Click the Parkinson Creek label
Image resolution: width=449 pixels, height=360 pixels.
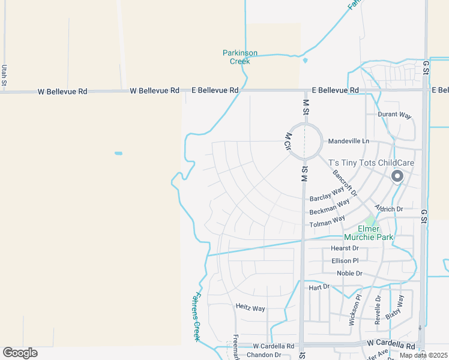pos(240,57)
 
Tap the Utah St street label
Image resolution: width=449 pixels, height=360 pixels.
pos(4,75)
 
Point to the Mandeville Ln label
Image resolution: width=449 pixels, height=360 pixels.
pos(349,141)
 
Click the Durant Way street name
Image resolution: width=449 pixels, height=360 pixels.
pos(394,114)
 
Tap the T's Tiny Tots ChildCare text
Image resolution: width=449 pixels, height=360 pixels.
pos(371,163)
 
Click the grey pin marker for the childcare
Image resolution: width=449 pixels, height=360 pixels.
pos(397,176)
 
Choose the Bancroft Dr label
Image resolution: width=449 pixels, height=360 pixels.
pos(345,182)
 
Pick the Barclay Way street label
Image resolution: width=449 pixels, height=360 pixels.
pos(329,198)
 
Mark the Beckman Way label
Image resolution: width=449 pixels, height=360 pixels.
pos(330,208)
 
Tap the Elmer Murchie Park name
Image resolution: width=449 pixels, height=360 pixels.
pos(367,233)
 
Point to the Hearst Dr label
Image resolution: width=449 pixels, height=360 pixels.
pos(345,248)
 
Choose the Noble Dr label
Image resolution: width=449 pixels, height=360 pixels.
pos(349,273)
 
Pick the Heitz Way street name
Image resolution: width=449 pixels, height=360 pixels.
pos(250,308)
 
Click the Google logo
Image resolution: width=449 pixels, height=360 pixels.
pos(20,353)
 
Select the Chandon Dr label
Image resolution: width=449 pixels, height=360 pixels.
pos(264,355)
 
